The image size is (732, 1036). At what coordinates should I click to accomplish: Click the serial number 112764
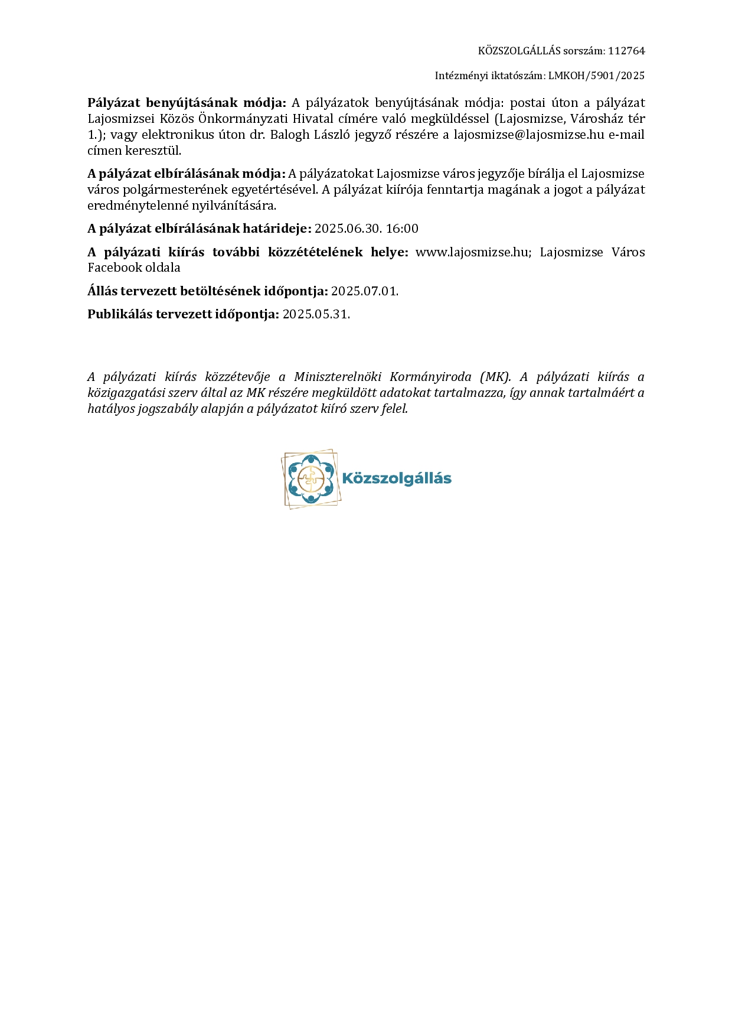(626, 51)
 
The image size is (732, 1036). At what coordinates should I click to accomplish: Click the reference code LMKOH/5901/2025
(596, 76)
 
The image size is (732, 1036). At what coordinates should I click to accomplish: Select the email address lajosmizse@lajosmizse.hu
(528, 135)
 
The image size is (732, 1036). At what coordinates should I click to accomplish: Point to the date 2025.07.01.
(364, 291)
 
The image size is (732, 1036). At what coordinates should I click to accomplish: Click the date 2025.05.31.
(316, 314)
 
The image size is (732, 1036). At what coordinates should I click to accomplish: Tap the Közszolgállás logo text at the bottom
(397, 478)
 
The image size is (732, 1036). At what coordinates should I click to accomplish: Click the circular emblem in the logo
(311, 478)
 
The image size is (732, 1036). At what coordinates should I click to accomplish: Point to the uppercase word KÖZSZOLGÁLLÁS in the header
(519, 51)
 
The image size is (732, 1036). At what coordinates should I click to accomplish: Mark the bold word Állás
(102, 291)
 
